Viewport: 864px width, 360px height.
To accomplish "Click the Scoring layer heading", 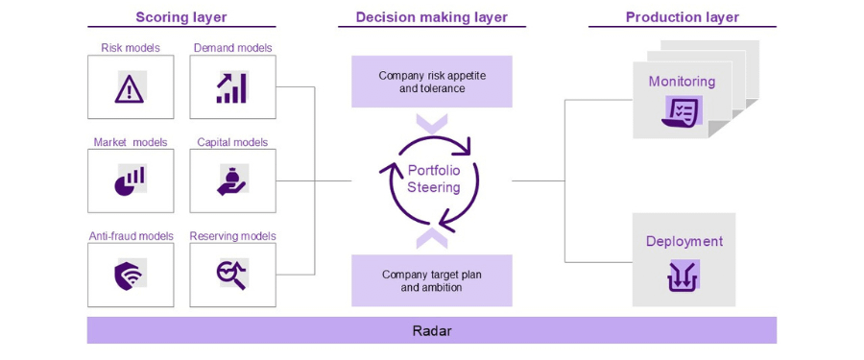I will (x=181, y=17).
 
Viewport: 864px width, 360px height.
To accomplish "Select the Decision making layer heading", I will (x=431, y=17).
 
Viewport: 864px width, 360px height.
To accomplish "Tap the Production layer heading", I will (x=682, y=17).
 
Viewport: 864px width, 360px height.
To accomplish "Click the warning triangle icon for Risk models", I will (x=130, y=88).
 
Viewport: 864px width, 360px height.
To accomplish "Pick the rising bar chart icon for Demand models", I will (x=231, y=87).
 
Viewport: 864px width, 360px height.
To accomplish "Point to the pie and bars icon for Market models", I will (x=130, y=180).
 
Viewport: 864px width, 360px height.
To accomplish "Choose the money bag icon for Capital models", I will (x=231, y=180).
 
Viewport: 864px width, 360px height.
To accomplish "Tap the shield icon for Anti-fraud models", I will (x=130, y=275).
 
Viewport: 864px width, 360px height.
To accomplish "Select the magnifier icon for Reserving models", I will (x=231, y=275).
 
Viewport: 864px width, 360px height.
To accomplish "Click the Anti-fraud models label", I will (x=131, y=236).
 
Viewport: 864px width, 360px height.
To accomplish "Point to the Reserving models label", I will (x=232, y=236).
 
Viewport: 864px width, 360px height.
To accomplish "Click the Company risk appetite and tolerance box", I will (x=431, y=82).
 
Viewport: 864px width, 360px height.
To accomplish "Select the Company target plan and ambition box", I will (x=431, y=280).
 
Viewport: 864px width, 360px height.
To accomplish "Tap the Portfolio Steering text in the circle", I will (x=433, y=179).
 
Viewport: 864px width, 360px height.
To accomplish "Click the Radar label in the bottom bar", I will (x=431, y=331).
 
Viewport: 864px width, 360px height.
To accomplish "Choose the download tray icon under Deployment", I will (x=684, y=276).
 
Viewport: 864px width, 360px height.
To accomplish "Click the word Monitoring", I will (x=682, y=82).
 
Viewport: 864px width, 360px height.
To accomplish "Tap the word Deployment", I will (x=684, y=242).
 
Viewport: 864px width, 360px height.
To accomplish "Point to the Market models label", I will (x=131, y=142).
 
